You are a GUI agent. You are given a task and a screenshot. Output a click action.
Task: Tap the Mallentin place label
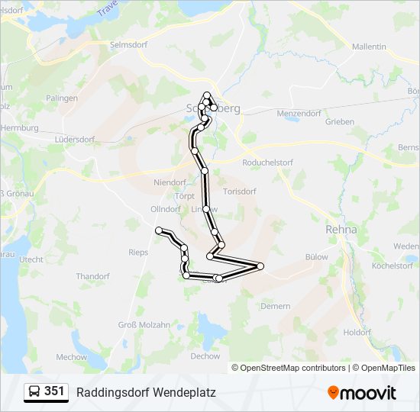pyautogui.click(x=369, y=47)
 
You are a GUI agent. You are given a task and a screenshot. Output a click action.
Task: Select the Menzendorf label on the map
pyautogui.click(x=299, y=113)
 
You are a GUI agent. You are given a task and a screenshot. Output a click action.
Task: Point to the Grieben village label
pyautogui.click(x=340, y=122)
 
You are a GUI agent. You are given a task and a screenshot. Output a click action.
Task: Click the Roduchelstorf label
pyautogui.click(x=267, y=163)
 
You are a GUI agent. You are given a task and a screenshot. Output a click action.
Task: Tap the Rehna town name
pyautogui.click(x=341, y=228)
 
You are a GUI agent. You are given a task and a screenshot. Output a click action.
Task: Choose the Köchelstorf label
pyautogui.click(x=393, y=266)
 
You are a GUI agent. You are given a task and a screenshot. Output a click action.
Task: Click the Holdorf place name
pyautogui.click(x=357, y=332)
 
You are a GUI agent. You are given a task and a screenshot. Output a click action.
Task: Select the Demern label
pyautogui.click(x=276, y=305)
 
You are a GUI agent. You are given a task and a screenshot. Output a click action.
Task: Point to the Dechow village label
pyautogui.click(x=205, y=356)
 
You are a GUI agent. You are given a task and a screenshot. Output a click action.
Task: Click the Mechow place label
pyautogui.click(x=72, y=356)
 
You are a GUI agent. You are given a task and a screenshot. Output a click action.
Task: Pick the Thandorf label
pyautogui.click(x=92, y=276)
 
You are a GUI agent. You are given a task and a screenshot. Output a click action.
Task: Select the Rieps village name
pyautogui.click(x=138, y=252)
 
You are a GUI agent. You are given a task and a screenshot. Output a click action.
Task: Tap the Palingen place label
pyautogui.click(x=62, y=98)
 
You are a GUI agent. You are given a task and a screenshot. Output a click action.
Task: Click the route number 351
pyautogui.click(x=54, y=391)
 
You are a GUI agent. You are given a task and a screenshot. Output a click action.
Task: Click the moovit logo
pyautogui.click(x=362, y=393)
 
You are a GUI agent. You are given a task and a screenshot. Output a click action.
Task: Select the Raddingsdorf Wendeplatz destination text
pyautogui.click(x=146, y=393)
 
